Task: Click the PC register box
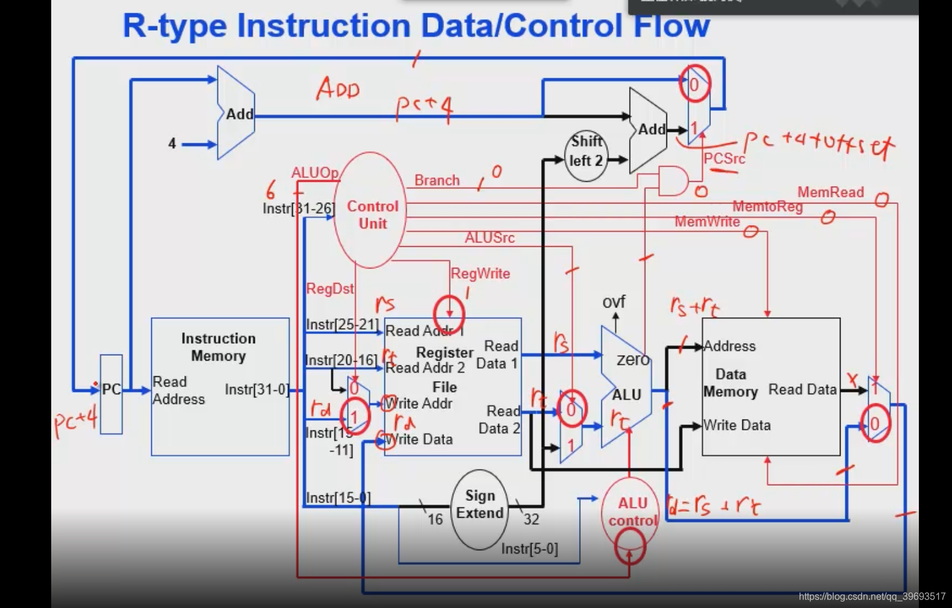pos(111,394)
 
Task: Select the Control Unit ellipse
pos(371,211)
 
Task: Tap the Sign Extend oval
pos(480,509)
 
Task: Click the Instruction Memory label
pos(218,347)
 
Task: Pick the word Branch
pos(437,181)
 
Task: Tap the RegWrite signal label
pos(480,274)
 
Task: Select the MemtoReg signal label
pos(768,207)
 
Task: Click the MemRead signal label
pos(830,193)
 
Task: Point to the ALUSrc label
pos(489,238)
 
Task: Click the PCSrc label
pos(724,159)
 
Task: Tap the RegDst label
pos(330,289)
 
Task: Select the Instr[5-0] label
pos(530,549)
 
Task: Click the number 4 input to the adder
pos(172,144)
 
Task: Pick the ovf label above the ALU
pos(614,302)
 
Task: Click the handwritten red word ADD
pos(339,89)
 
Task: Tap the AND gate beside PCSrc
pos(672,181)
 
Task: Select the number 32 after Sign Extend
pos(531,520)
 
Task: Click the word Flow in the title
pos(671,26)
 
